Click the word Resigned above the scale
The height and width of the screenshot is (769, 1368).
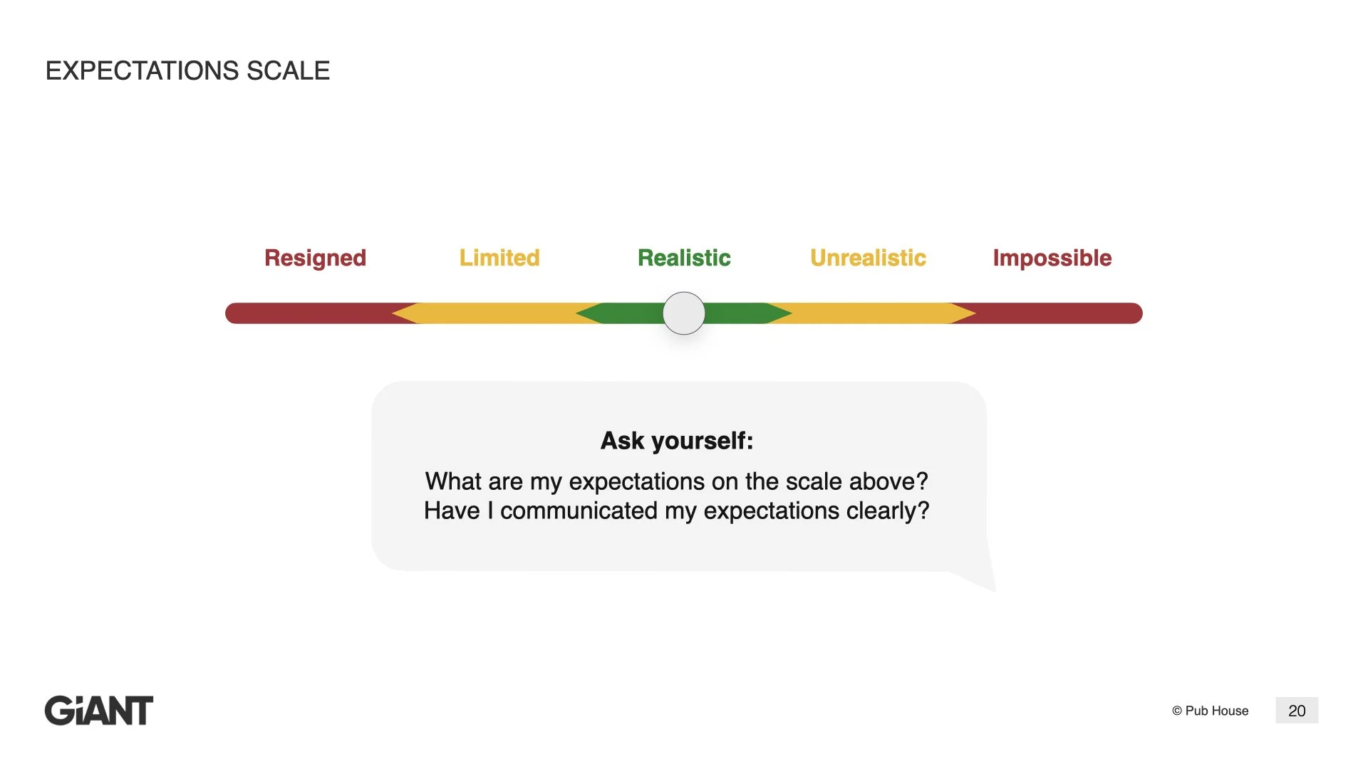click(315, 258)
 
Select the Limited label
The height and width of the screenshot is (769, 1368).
click(499, 258)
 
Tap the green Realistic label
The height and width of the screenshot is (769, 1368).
click(684, 258)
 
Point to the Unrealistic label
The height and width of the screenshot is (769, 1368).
click(868, 258)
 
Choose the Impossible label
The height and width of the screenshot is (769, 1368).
click(1052, 258)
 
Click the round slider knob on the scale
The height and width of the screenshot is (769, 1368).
click(684, 313)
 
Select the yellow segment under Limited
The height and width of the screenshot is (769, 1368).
click(499, 313)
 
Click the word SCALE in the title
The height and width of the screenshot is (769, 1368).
click(288, 71)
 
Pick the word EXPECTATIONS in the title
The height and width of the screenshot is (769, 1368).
click(142, 71)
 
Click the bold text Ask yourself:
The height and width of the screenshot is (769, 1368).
click(677, 441)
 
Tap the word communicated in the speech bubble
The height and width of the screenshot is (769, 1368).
click(579, 511)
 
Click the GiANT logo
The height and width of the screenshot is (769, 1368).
click(99, 711)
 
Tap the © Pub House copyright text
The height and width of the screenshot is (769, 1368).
click(1210, 711)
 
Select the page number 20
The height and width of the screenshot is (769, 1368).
click(1297, 711)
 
